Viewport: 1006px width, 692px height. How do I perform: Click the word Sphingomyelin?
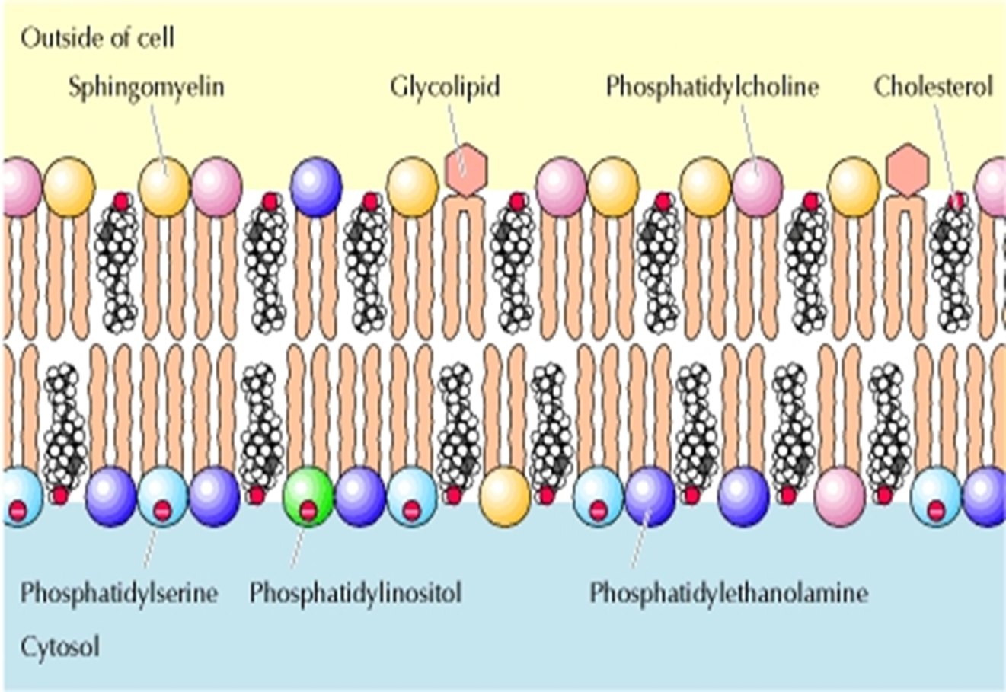click(x=146, y=87)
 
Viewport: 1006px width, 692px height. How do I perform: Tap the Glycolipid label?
click(x=445, y=87)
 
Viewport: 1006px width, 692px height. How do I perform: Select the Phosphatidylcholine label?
click(x=712, y=87)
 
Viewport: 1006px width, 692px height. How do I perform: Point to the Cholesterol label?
click(x=933, y=87)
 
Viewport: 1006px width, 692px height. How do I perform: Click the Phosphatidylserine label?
click(x=119, y=593)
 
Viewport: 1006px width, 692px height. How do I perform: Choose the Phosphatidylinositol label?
click(x=356, y=593)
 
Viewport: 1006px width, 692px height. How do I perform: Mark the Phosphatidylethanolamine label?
click(x=729, y=593)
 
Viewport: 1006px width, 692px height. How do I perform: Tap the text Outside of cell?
click(x=97, y=37)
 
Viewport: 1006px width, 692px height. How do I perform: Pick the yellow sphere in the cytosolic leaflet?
click(x=505, y=497)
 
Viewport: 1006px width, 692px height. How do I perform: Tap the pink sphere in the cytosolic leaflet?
click(x=840, y=497)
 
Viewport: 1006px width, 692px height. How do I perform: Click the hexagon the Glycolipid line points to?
click(x=465, y=167)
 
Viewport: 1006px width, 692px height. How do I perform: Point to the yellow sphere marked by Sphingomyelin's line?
click(x=164, y=187)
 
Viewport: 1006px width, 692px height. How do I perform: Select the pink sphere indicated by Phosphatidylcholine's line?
click(x=757, y=187)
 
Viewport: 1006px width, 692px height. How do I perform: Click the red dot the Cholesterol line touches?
click(x=956, y=201)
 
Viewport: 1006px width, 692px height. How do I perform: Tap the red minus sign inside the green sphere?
click(x=308, y=511)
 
